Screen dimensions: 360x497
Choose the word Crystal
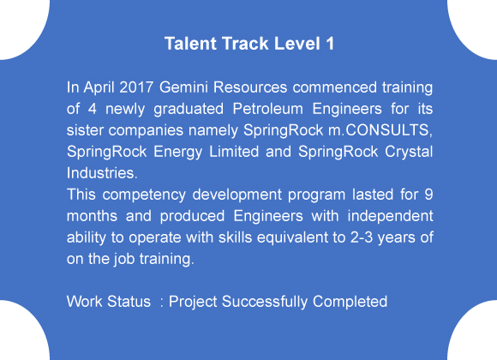pos(404,151)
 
